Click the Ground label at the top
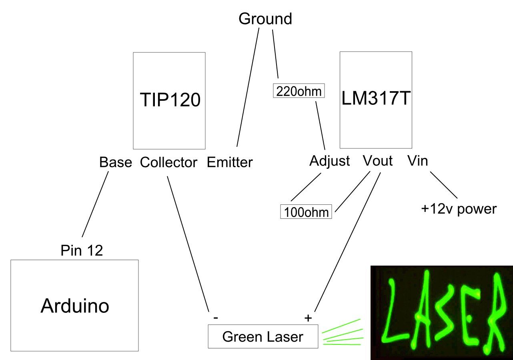coord(265,19)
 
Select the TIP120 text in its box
coord(170,100)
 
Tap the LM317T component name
coord(376,98)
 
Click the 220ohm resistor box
coord(299,91)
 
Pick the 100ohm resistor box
coord(307,212)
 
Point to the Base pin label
coord(115,162)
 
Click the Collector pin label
coord(168,162)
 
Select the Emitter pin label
coord(230,162)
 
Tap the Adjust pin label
coord(329,161)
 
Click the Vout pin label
coord(377,161)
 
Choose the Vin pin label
coord(417,161)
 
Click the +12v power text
coord(459,209)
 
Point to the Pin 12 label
coord(82,250)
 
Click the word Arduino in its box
coord(75,306)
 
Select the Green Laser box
coord(263,336)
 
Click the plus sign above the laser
coord(308,318)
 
